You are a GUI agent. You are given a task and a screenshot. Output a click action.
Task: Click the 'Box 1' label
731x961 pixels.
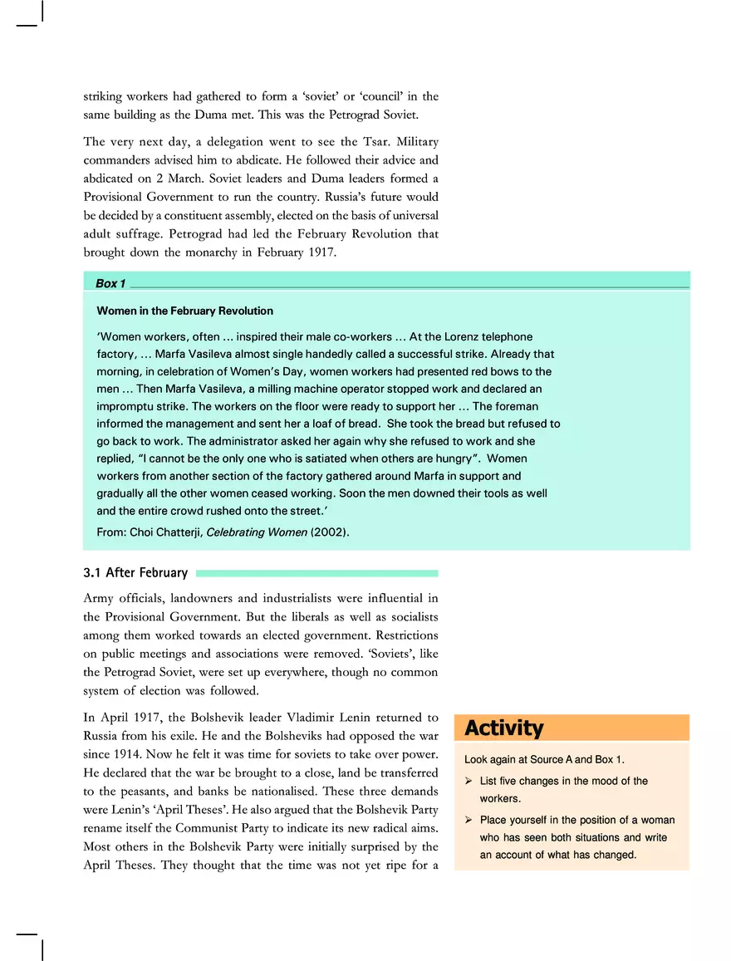(x=110, y=284)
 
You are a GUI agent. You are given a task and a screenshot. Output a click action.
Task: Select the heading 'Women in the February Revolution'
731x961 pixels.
(x=184, y=311)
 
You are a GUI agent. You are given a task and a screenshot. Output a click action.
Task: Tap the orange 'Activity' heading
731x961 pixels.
(x=503, y=728)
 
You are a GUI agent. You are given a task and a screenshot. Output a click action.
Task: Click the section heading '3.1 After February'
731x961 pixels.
(x=135, y=573)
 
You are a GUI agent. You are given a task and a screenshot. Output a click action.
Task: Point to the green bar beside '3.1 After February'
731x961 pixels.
(x=316, y=573)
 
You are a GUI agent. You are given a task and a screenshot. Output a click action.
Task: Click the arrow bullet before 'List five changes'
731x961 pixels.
(x=469, y=782)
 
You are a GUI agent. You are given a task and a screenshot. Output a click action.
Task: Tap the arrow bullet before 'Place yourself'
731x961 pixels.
(x=469, y=820)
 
